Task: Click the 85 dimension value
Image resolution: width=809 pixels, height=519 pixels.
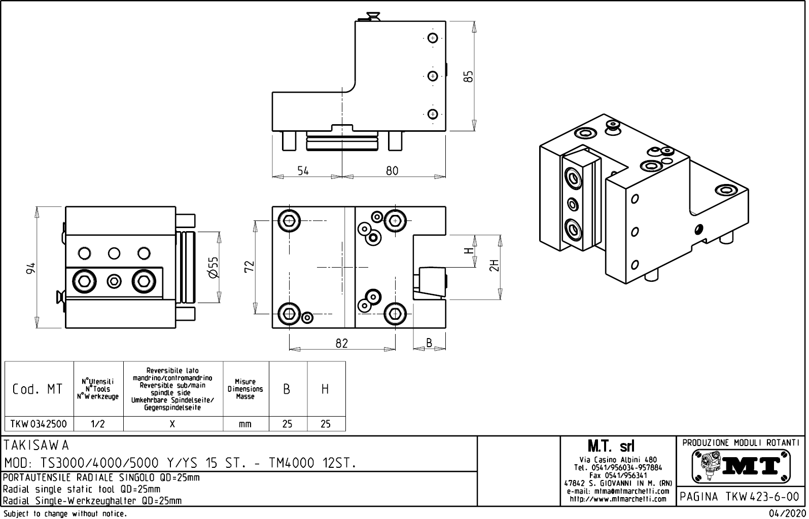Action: coord(469,76)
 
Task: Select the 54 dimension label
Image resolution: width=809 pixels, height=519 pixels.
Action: coord(303,171)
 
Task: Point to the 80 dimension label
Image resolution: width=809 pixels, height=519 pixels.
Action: coord(392,171)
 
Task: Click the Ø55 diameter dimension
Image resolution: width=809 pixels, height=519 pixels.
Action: coord(214,267)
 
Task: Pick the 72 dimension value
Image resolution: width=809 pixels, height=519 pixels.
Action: coord(249,267)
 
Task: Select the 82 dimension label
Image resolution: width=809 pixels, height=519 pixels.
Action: coord(342,343)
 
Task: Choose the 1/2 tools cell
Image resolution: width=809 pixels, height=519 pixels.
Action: coord(98,424)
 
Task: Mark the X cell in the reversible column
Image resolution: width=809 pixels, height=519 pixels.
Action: coord(172,424)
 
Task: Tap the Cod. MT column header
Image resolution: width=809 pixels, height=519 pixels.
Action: coord(38,389)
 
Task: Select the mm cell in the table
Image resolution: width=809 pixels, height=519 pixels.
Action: coord(245,424)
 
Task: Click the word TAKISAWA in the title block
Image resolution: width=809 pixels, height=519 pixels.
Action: coord(36,446)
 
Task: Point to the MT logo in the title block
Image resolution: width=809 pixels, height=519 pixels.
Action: coord(741,466)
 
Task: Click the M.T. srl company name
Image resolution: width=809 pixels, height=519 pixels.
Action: coord(611,447)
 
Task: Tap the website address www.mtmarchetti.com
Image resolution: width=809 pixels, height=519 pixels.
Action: coord(618,499)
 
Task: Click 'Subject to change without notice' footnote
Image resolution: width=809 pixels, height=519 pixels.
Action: coord(64,513)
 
